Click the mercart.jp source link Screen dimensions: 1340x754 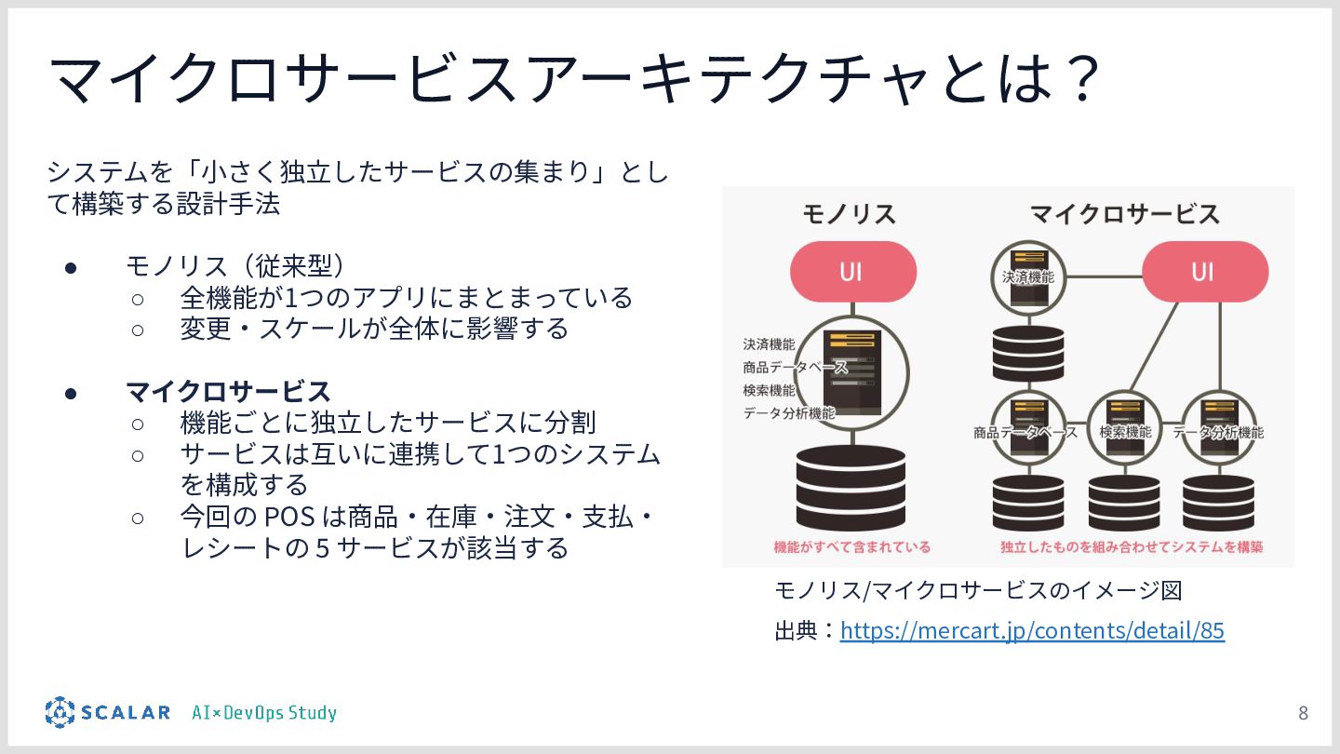click(x=1032, y=630)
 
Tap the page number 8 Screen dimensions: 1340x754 click(x=1303, y=713)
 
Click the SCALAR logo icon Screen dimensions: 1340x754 click(x=60, y=712)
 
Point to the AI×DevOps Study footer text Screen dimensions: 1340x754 click(x=264, y=713)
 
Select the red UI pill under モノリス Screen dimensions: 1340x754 click(x=852, y=272)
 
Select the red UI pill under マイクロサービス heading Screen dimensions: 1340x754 click(x=1204, y=272)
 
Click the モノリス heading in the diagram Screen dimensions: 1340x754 click(x=849, y=215)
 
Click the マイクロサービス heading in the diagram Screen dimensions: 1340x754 click(x=1124, y=215)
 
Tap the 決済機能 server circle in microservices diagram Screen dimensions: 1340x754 click(x=1027, y=276)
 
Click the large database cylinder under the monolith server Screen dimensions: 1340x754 click(x=851, y=488)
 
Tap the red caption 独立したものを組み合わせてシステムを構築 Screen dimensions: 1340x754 click(x=1132, y=547)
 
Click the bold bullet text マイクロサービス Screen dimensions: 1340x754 click(x=229, y=391)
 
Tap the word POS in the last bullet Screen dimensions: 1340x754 click(x=290, y=516)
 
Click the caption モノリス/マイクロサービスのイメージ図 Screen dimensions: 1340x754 click(x=978, y=590)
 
